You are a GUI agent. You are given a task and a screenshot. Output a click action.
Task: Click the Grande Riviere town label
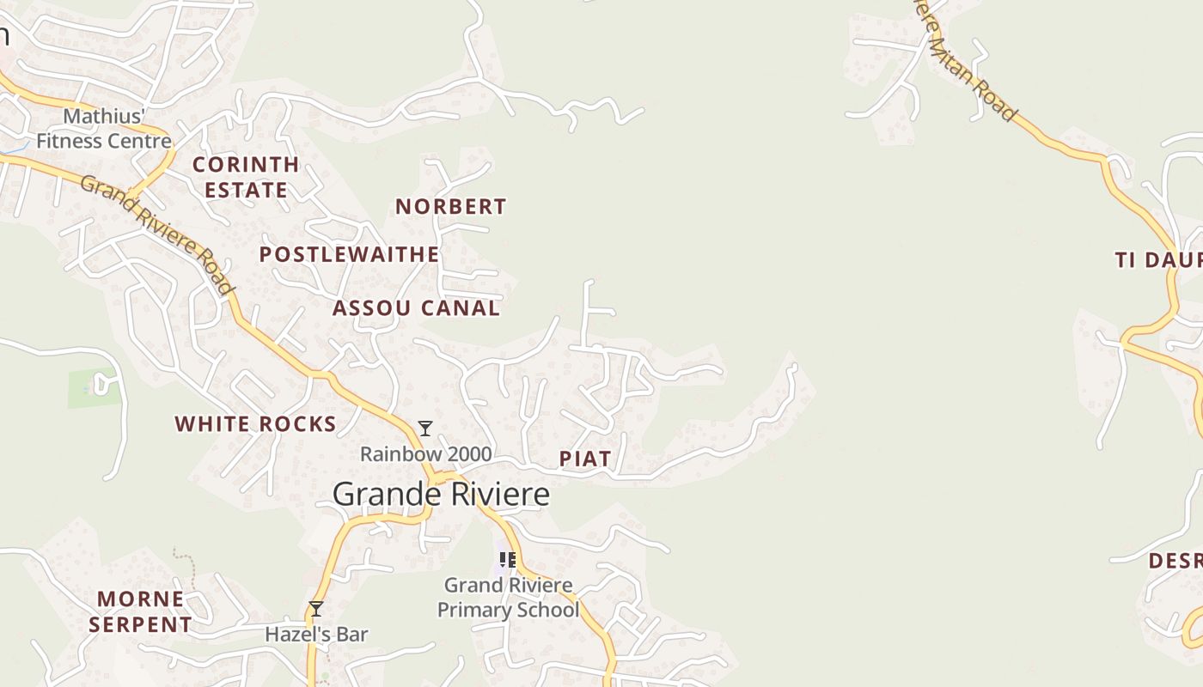[x=441, y=495]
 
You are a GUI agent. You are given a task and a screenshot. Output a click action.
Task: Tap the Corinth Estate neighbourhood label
[x=246, y=177]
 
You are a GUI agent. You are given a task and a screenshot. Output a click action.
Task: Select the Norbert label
[x=451, y=207]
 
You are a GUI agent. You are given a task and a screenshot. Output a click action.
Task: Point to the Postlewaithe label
[x=349, y=255]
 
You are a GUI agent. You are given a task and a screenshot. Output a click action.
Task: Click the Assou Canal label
[x=416, y=308]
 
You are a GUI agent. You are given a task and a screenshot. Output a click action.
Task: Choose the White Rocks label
[x=255, y=424]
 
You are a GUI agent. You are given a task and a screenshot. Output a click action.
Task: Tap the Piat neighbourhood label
[x=585, y=459]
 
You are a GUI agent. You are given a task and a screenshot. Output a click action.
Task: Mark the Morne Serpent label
[x=140, y=611]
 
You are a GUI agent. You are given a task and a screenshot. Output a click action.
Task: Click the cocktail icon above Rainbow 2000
[x=424, y=428]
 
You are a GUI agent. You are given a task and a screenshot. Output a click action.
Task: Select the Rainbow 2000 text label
[x=425, y=454]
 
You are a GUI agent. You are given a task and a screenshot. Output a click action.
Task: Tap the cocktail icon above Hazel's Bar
[x=316, y=609]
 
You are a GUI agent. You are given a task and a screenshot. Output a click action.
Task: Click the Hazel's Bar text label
[x=316, y=635]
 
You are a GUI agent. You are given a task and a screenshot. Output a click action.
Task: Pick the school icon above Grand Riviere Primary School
[x=508, y=560]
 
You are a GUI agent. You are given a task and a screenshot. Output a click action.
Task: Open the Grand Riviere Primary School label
[x=508, y=598]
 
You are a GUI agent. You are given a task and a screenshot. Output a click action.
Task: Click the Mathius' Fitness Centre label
[x=104, y=129]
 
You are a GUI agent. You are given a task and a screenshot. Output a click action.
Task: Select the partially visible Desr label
[x=1175, y=561]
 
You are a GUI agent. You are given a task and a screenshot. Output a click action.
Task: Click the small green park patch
[x=92, y=388]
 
